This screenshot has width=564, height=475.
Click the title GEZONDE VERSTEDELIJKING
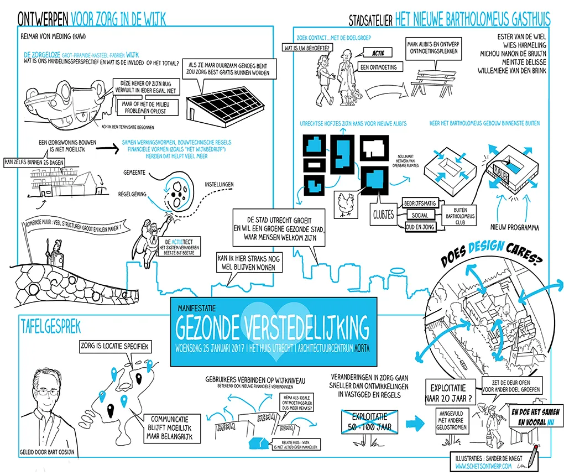click(x=273, y=328)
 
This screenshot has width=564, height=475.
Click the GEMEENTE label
click(x=131, y=173)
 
